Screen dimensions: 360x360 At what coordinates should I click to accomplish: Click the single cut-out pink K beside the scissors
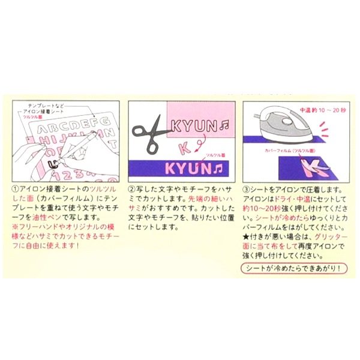[x=185, y=148]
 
